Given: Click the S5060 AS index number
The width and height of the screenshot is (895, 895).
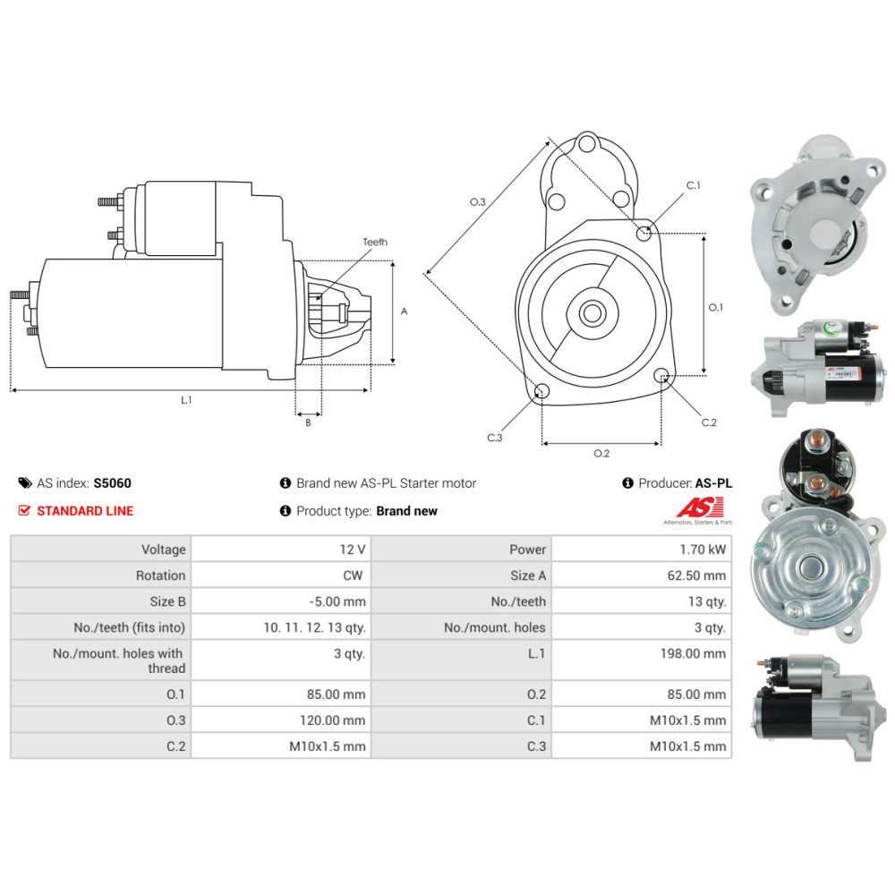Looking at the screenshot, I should coord(112,483).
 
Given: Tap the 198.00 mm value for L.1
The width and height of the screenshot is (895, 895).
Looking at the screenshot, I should coord(701,653).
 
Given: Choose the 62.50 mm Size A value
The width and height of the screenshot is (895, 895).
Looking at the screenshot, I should coord(701,575).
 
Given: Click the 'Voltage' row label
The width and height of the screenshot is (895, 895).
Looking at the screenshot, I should coord(163,550).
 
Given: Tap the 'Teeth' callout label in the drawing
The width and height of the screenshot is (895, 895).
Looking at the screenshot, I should coord(375,242).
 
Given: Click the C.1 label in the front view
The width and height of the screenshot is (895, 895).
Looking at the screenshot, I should coord(693,185).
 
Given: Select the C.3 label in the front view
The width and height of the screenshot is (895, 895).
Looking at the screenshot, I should coord(495,438).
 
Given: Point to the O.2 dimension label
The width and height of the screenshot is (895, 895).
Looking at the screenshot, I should coord(601,453).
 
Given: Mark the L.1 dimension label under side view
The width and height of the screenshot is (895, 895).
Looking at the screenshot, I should coord(186,400).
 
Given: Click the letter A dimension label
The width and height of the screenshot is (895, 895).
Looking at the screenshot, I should coord(404,311).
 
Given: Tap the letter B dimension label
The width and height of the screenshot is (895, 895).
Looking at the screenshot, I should coord(308,422).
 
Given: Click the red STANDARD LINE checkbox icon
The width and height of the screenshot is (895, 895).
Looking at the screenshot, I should coord(25,510).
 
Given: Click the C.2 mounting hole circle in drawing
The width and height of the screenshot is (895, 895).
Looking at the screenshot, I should coord(661,376).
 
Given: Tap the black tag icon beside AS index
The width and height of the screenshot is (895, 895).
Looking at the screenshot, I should coord(25,483).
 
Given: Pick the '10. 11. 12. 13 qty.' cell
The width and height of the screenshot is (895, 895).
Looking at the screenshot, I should coord(314,627).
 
